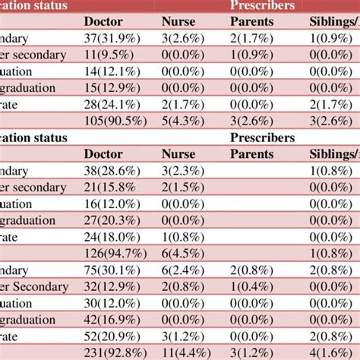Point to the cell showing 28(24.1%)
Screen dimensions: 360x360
pos(112,103)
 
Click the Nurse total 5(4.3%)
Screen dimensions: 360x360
pos(178,120)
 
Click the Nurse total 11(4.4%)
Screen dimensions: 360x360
pos(182,351)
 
